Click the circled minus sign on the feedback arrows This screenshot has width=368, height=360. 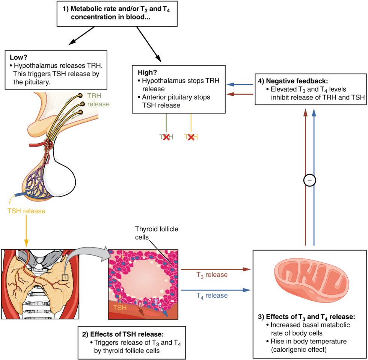309,180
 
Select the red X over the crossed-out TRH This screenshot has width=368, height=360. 166,138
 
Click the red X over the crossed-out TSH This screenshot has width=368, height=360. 191,138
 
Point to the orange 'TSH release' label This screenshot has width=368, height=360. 26,211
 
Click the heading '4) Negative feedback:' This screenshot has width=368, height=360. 294,82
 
